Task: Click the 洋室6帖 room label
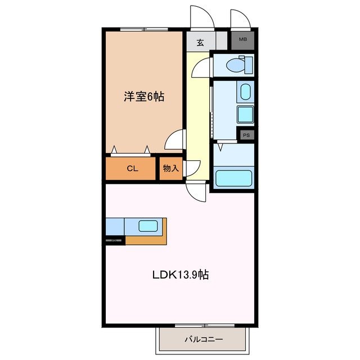pyautogui.click(x=144, y=97)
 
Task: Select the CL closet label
pyautogui.click(x=132, y=168)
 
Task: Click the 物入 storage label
pyautogui.click(x=170, y=168)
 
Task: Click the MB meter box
pyautogui.click(x=242, y=39)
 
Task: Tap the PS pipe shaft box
pyautogui.click(x=246, y=135)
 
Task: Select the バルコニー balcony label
pyautogui.click(x=204, y=339)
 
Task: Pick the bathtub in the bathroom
pyautogui.click(x=233, y=178)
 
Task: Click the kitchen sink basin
pyautogui.click(x=148, y=226)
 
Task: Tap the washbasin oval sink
pyautogui.click(x=245, y=91)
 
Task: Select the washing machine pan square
pyautogui.click(x=245, y=114)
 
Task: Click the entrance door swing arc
pyautogui.click(x=202, y=17)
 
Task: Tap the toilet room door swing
pyautogui.click(x=200, y=69)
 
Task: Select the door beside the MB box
pyautogui.click(x=240, y=18)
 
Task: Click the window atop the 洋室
pyautogui.click(x=143, y=28)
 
